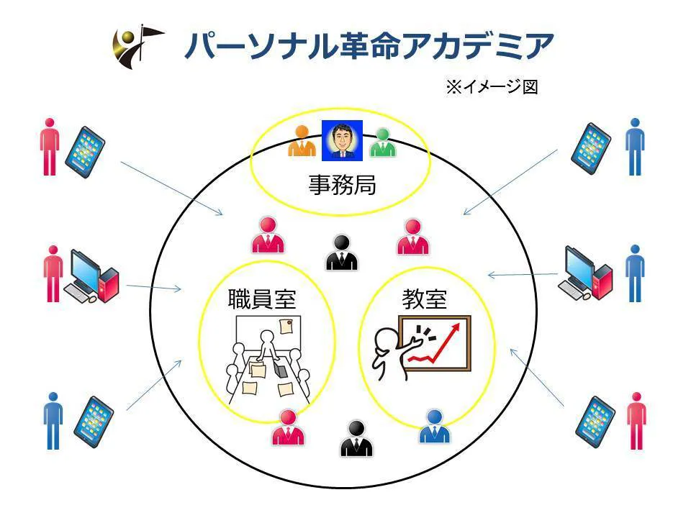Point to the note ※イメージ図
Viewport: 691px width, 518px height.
492,86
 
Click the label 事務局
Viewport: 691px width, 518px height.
342,185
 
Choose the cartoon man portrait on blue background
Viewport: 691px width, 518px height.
342,140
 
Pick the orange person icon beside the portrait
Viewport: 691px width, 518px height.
302,141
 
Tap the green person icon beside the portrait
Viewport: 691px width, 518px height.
382,142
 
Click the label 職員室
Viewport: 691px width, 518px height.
262,299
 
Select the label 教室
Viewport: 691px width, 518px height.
425,299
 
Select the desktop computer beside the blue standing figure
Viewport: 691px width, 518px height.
584,273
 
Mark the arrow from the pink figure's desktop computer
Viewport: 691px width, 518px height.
154,288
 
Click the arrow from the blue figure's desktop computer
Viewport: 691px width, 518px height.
523,275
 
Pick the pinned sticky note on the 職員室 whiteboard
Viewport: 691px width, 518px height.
286,326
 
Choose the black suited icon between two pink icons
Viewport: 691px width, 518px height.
342,253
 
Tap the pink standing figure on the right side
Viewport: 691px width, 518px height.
636,421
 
